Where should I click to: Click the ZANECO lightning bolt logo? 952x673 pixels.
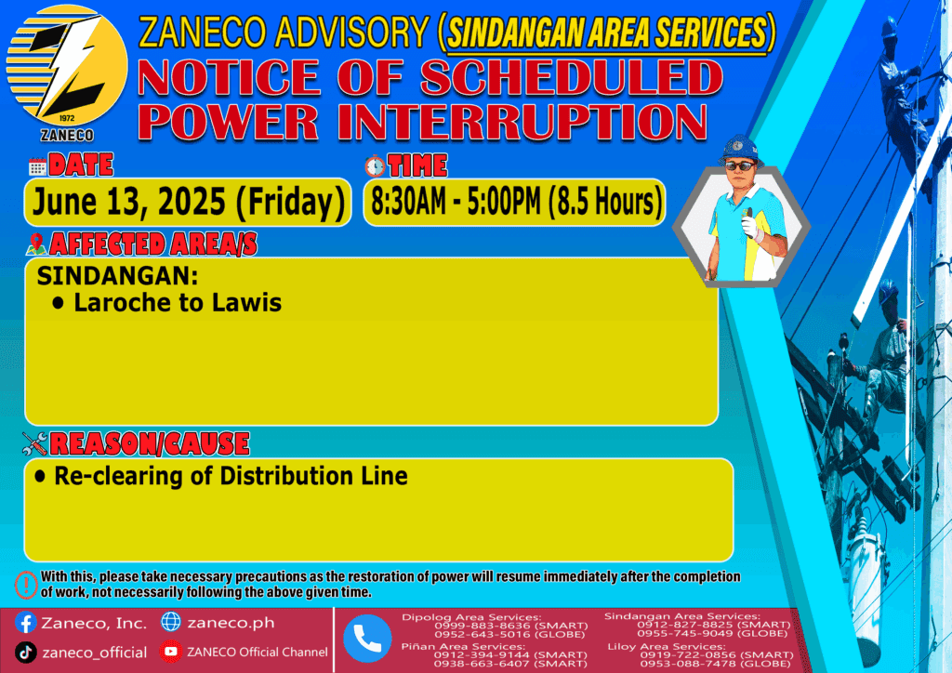(67, 66)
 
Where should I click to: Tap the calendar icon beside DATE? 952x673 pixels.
(37, 166)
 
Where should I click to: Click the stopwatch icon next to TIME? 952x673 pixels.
(376, 165)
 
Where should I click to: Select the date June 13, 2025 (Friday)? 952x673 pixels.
(188, 202)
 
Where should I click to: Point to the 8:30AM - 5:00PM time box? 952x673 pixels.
(514, 202)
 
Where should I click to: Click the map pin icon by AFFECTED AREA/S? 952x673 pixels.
(36, 244)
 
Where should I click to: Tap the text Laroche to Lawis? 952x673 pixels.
(178, 302)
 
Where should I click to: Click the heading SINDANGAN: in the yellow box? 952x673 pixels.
(117, 275)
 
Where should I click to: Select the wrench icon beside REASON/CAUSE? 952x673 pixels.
(34, 443)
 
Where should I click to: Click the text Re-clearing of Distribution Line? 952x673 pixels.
(231, 476)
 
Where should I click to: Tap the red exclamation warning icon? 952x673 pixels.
(26, 585)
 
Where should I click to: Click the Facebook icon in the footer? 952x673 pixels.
(25, 623)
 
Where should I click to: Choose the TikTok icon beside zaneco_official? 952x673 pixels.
(25, 653)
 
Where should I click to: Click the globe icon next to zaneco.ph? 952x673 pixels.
(171, 622)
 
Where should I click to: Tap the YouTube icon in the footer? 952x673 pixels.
(171, 651)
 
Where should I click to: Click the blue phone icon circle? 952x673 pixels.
(367, 639)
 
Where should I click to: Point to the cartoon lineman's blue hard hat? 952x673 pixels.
(740, 150)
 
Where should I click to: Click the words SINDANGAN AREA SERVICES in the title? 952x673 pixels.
(607, 33)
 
